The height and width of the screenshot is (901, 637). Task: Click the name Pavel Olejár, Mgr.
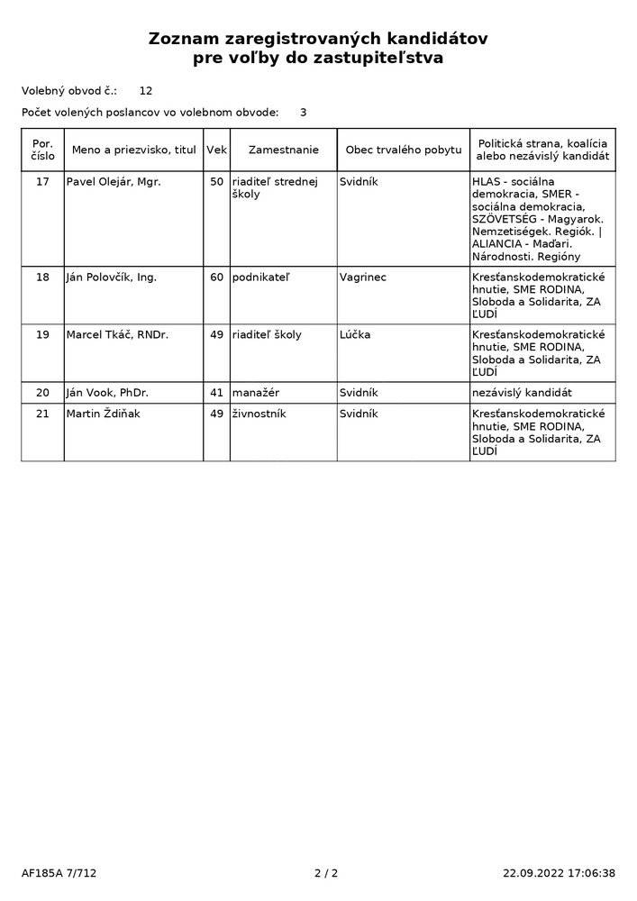coord(113,182)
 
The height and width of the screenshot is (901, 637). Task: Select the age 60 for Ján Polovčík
coord(216,278)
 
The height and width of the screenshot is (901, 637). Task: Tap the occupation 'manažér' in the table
coord(251,393)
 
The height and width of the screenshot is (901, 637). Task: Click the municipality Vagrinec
coord(362,278)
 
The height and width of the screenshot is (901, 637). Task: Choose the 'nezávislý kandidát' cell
coord(522,393)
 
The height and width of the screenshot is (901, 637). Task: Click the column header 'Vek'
coord(216,149)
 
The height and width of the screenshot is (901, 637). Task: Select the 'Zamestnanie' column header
coord(283,149)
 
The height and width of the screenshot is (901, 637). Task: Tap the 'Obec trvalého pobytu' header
coord(403,149)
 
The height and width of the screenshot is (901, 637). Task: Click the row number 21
coord(42,414)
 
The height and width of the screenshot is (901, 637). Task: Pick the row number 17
coord(42,182)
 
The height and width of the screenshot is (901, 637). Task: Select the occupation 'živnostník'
coord(257,414)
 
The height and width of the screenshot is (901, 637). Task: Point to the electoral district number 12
coord(146,91)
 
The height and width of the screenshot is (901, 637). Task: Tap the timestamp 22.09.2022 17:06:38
coord(559,873)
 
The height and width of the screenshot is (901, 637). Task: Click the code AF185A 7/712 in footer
coord(59,873)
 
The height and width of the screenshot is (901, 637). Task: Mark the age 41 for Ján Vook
coord(216,393)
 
